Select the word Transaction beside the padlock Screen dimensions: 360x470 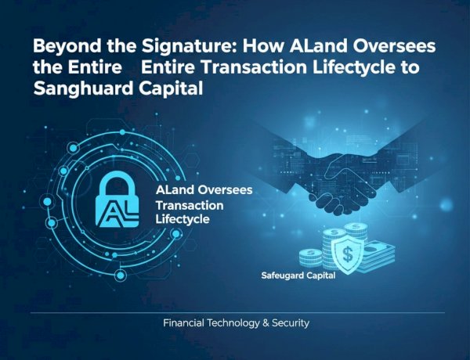point(190,205)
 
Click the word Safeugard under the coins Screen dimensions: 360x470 point(287,276)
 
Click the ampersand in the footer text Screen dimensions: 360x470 point(258,323)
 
